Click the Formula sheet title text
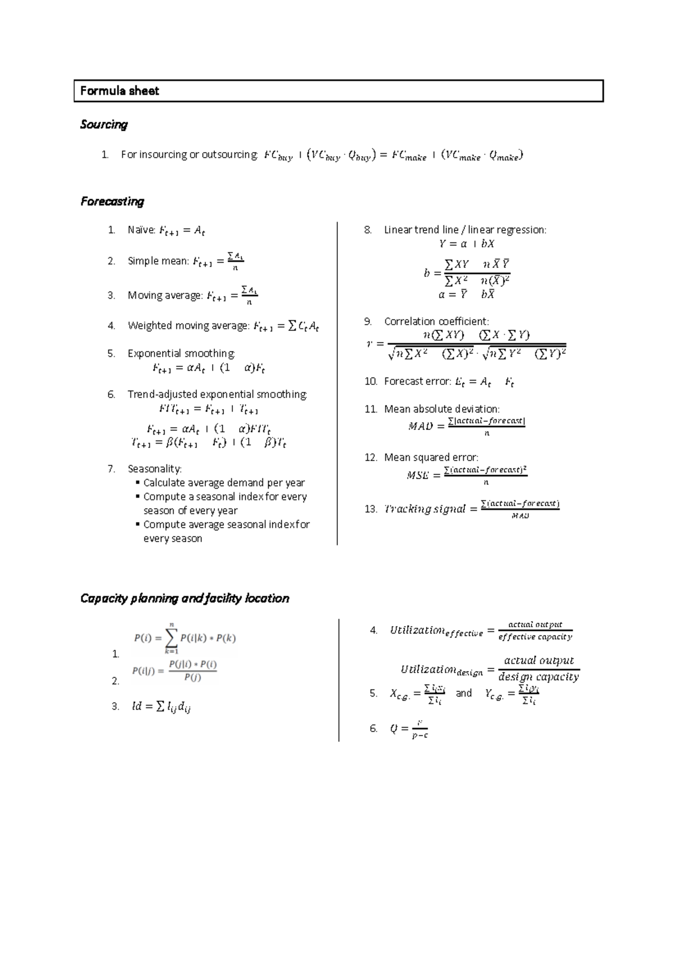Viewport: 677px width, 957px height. click(120, 91)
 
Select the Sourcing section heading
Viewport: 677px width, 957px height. click(104, 125)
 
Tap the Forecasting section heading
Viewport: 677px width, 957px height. click(112, 201)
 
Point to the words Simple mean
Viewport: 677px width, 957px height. click(158, 261)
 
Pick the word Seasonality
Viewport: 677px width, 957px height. click(155, 469)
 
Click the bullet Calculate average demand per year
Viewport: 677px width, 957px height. click(224, 483)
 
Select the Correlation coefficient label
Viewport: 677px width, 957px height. click(436, 321)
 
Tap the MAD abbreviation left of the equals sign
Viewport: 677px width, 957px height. click(420, 427)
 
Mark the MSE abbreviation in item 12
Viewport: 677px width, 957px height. click(417, 475)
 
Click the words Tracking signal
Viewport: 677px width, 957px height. click(424, 509)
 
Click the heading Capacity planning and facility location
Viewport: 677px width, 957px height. click(184, 599)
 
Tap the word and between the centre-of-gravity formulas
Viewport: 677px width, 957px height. click(464, 693)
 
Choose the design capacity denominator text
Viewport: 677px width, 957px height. click(538, 677)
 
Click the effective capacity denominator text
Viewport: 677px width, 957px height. click(535, 637)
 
